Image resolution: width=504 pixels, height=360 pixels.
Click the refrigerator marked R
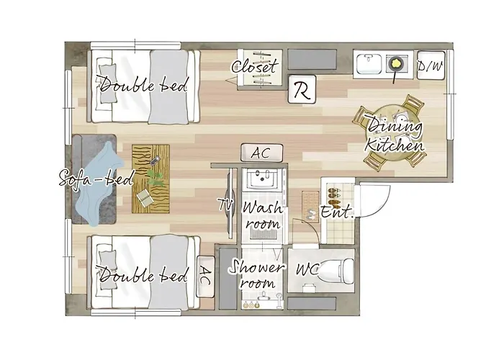(302, 89)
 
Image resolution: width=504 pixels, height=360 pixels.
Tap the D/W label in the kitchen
(431, 66)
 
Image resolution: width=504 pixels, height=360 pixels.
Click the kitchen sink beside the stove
(369, 63)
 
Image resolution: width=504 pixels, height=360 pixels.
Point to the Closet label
(254, 66)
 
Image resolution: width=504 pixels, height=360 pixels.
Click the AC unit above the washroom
(261, 153)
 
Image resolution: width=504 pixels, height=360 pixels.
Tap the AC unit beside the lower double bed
(205, 276)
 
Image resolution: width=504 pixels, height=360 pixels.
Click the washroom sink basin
(263, 179)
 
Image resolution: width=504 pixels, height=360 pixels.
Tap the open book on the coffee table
(145, 198)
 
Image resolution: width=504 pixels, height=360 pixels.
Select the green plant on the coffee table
(156, 178)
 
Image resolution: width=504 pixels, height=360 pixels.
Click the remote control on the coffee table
(156, 161)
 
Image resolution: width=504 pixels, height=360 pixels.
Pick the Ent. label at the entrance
(337, 212)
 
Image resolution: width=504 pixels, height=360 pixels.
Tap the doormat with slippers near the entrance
(310, 207)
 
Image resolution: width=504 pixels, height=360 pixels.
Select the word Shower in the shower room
(257, 269)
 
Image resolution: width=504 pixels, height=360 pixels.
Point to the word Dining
(395, 127)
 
